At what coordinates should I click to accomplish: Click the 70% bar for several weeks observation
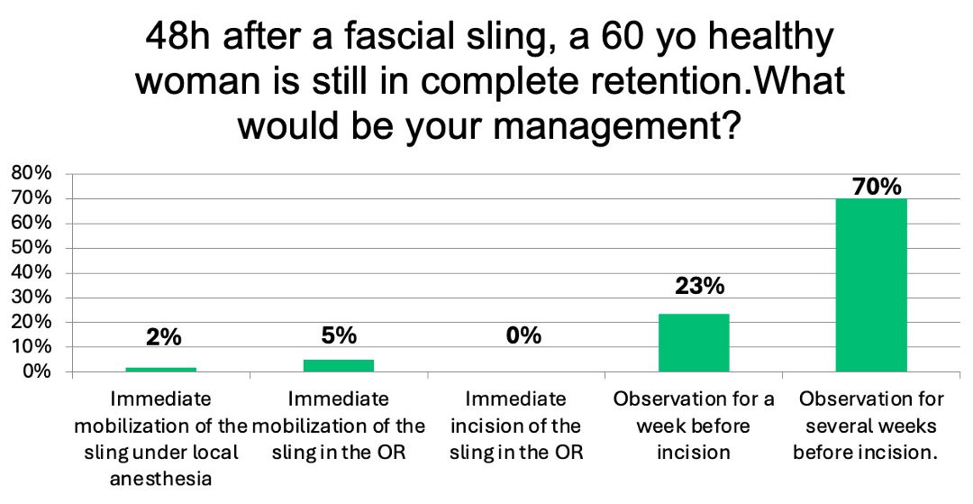(870, 286)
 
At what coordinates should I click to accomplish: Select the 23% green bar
(693, 344)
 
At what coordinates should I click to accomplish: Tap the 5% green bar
(338, 366)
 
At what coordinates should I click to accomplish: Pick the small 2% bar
(160, 370)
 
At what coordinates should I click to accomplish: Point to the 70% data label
(877, 187)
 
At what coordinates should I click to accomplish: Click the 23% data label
(699, 286)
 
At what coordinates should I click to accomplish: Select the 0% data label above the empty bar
(523, 335)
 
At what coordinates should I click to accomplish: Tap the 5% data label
(339, 335)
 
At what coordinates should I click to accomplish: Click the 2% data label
(164, 337)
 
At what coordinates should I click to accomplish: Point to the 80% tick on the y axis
(31, 174)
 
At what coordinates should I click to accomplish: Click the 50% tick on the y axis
(31, 248)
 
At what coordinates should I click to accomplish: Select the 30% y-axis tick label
(31, 298)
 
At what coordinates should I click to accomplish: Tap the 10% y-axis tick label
(31, 348)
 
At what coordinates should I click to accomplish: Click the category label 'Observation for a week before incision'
(694, 426)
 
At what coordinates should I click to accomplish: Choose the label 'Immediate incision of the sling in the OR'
(516, 426)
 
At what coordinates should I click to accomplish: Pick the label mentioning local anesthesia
(160, 439)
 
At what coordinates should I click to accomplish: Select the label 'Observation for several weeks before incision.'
(871, 426)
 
